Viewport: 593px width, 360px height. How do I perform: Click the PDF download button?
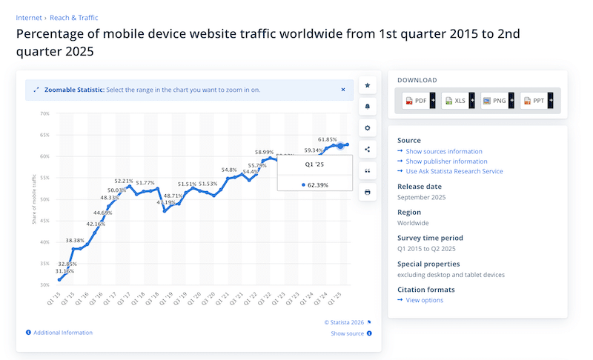pos(419,100)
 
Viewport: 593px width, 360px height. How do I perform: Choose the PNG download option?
pos(497,100)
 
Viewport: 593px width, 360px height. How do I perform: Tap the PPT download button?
pos(537,100)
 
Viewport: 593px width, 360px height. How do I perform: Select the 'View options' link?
pos(425,300)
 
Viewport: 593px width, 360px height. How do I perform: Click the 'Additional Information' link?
pos(63,333)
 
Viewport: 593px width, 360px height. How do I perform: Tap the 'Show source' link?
pos(347,333)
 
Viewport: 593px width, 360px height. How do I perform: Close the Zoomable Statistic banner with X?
pos(343,90)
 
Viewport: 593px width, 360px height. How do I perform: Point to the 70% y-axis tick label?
pos(44,114)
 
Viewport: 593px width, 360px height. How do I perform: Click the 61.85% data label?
pos(328,139)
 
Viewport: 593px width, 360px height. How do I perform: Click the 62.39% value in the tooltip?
pos(318,184)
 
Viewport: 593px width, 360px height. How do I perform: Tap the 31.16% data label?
pos(64,271)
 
